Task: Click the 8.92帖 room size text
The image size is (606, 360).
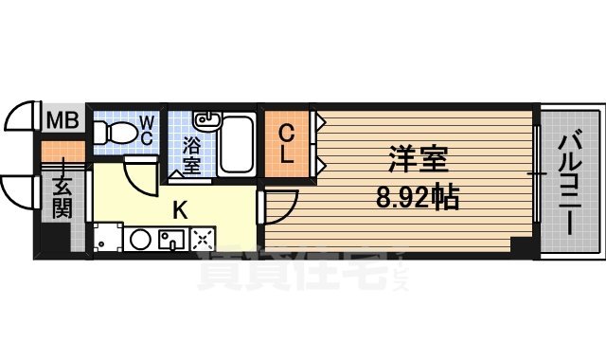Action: click(417, 198)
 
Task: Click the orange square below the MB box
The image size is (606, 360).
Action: click(53, 150)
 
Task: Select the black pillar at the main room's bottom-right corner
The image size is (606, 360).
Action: click(518, 244)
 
